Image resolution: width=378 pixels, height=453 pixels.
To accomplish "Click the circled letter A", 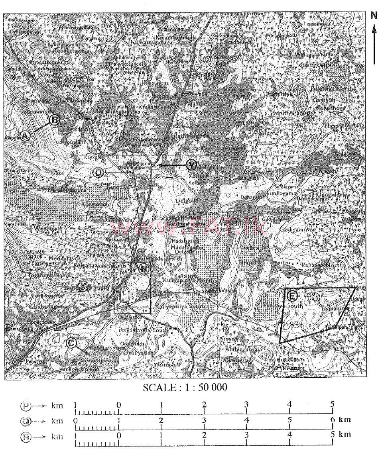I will pyautogui.click(x=25, y=136).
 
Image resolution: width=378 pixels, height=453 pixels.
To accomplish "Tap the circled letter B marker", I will pyautogui.click(x=55, y=119).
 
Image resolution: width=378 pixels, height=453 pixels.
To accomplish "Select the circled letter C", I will pyautogui.click(x=71, y=342).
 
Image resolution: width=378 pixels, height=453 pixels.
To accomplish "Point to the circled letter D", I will pyautogui.click(x=98, y=173).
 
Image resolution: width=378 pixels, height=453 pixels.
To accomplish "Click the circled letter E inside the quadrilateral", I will pyautogui.click(x=292, y=296).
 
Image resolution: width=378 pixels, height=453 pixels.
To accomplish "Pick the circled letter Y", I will pyautogui.click(x=192, y=165).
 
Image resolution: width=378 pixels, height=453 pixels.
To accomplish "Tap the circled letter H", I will pyautogui.click(x=144, y=268).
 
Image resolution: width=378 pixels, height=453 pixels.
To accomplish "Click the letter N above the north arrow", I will pyautogui.click(x=374, y=16).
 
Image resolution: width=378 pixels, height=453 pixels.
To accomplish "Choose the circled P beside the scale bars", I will pyautogui.click(x=26, y=406).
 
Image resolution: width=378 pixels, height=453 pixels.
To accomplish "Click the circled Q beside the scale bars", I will pyautogui.click(x=26, y=420).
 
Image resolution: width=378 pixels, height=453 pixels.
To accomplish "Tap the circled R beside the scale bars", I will pyautogui.click(x=26, y=436).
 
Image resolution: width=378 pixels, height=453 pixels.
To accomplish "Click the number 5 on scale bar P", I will pyautogui.click(x=332, y=404).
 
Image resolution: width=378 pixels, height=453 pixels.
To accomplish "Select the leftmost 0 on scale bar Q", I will pyautogui.click(x=75, y=420).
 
